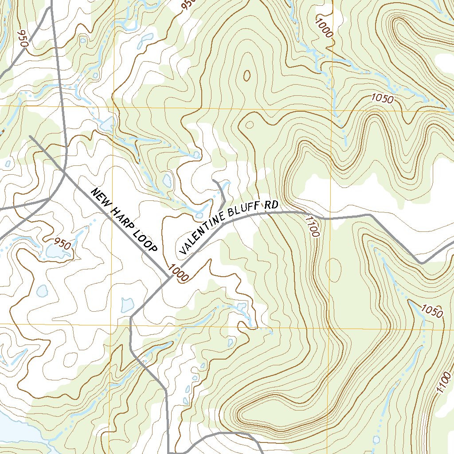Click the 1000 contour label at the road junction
[179, 274]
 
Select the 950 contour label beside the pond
[62, 243]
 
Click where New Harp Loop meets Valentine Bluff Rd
[168, 278]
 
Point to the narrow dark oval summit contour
[247, 74]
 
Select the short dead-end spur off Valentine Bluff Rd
[221, 193]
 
